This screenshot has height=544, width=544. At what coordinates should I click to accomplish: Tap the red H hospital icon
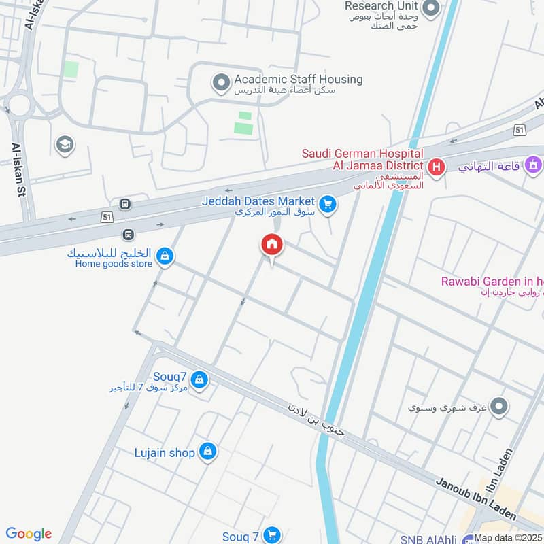click(437, 166)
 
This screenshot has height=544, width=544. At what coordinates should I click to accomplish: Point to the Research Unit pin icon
click(430, 8)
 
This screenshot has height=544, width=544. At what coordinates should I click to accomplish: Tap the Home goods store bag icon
click(164, 256)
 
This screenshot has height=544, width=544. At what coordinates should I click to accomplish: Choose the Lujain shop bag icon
click(208, 451)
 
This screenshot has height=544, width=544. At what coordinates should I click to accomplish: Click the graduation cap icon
click(65, 144)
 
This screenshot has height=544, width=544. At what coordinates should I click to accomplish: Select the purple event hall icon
click(534, 165)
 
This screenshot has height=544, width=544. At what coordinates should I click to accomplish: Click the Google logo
click(29, 534)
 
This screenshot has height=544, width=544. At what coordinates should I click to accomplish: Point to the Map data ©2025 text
click(508, 538)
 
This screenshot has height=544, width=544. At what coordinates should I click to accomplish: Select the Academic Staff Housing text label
click(298, 80)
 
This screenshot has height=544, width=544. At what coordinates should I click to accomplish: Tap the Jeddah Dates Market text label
click(258, 201)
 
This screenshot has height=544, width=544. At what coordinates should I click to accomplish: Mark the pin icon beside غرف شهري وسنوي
click(499, 407)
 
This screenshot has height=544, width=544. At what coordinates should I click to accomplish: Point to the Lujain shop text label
click(165, 452)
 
